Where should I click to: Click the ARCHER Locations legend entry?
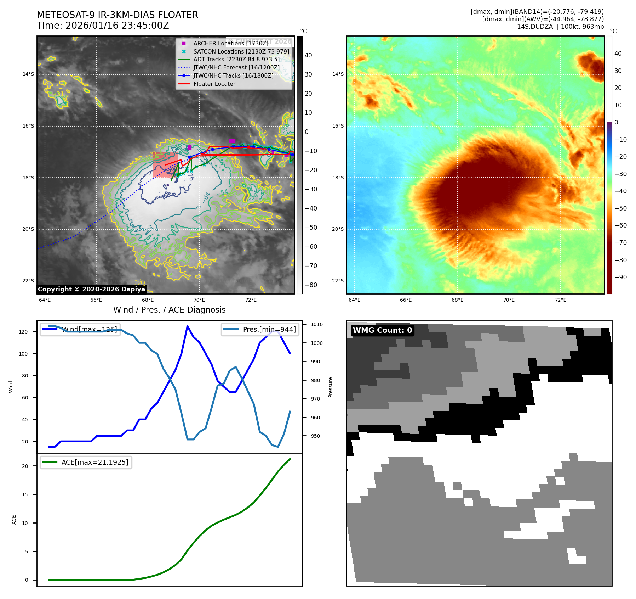click(231, 43)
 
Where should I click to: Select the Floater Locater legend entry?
click(214, 84)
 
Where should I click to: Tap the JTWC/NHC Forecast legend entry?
click(236, 67)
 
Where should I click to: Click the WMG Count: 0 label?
click(382, 330)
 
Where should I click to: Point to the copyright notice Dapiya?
click(91, 289)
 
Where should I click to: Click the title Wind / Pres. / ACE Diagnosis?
click(169, 310)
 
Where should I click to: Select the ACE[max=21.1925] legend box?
click(86, 462)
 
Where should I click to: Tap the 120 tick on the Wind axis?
click(23, 332)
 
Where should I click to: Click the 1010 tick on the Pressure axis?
click(317, 324)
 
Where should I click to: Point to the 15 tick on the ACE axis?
click(25, 494)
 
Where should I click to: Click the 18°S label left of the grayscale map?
click(28, 178)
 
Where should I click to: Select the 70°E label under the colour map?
click(509, 300)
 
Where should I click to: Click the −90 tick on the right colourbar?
click(620, 277)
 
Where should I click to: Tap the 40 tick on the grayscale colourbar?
click(308, 55)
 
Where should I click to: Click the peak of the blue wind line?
click(187, 326)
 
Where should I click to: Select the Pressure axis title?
click(330, 387)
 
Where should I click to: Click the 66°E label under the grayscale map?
click(96, 300)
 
